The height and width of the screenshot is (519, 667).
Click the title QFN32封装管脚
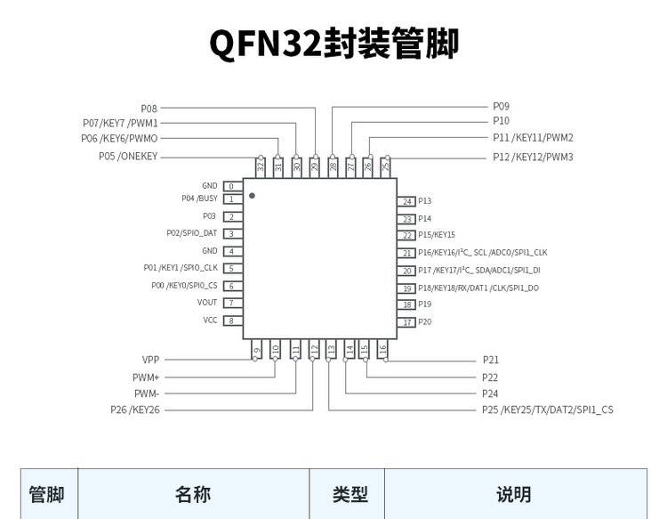(x=333, y=44)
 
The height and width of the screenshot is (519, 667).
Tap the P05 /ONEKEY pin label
(x=128, y=157)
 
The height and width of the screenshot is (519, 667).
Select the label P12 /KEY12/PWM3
(x=533, y=157)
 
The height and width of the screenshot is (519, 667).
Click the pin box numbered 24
(x=407, y=201)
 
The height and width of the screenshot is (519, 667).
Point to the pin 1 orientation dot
(x=252, y=195)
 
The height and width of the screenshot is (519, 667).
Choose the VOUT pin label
(x=207, y=303)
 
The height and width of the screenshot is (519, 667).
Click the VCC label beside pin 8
(x=210, y=320)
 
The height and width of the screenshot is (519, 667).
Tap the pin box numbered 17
(x=407, y=322)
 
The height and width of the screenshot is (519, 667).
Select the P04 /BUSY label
(x=199, y=199)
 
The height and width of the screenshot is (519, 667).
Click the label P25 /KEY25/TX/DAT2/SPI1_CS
(x=547, y=410)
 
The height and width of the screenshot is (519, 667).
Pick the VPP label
(x=150, y=361)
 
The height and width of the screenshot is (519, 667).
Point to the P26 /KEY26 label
(x=135, y=410)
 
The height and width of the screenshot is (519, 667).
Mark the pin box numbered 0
(x=230, y=186)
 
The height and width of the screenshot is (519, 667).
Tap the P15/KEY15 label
(x=436, y=235)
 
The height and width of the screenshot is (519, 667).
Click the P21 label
(x=491, y=361)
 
